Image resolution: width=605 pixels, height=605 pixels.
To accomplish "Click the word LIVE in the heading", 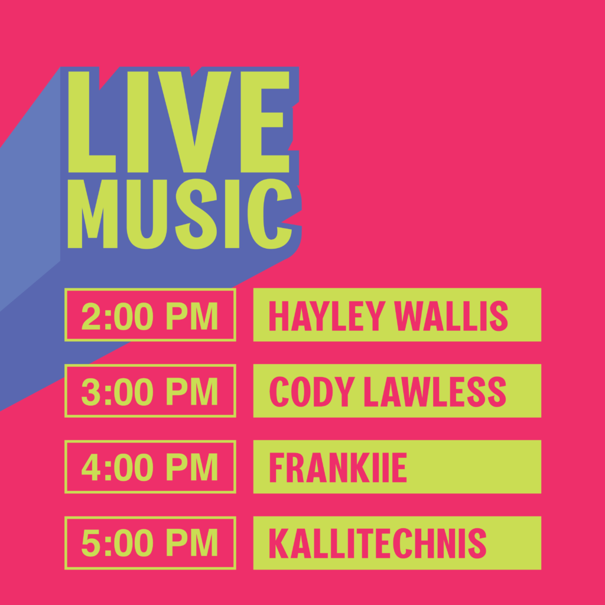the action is (x=178, y=122).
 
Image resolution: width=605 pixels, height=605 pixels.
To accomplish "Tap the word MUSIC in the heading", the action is (x=180, y=214).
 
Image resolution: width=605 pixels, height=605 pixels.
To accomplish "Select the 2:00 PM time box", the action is (x=150, y=314).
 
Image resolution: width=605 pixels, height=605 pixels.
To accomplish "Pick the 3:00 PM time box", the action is (x=150, y=391).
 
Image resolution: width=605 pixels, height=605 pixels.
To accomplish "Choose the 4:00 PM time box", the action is (x=150, y=467).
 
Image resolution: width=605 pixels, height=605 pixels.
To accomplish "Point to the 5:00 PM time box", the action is (x=150, y=542).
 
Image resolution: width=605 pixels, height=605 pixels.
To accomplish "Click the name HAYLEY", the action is (x=327, y=315).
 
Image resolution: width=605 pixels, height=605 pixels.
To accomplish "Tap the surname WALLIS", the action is (x=451, y=315).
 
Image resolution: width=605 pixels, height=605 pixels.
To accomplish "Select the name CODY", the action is (x=312, y=391).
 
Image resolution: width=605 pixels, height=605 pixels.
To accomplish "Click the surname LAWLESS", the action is (x=435, y=391).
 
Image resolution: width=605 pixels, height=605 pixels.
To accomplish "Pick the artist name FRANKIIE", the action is (x=338, y=467).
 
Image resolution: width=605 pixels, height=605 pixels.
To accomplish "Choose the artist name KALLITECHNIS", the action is (x=378, y=544).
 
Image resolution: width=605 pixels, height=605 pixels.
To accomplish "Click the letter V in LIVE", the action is (x=194, y=122).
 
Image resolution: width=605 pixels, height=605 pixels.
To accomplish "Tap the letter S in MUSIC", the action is (x=196, y=214).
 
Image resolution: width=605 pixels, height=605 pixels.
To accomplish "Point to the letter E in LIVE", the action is (x=265, y=122).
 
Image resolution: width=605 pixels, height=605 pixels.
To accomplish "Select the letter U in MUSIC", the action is (x=147, y=214).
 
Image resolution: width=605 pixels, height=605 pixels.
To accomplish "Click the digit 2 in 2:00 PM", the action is (x=91, y=316).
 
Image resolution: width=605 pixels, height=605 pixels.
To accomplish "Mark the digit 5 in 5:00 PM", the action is (x=91, y=544).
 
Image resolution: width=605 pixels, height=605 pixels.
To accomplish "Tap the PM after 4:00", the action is (x=192, y=467).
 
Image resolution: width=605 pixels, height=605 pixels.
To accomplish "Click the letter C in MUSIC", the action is (x=269, y=214).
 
